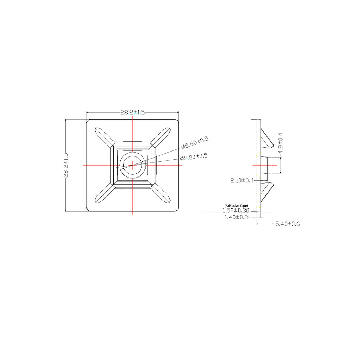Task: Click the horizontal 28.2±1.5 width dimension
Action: pos(133,112)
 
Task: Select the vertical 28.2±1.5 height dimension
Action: pos(66,165)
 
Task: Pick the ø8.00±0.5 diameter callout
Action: pos(194,156)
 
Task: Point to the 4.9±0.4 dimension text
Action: pos(280,143)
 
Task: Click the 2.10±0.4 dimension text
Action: pos(242,181)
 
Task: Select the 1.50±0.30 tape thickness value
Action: pos(236,210)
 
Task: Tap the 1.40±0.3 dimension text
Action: pos(236,217)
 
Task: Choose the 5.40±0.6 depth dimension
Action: pos(288,224)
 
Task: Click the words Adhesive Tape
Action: pos(236,205)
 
